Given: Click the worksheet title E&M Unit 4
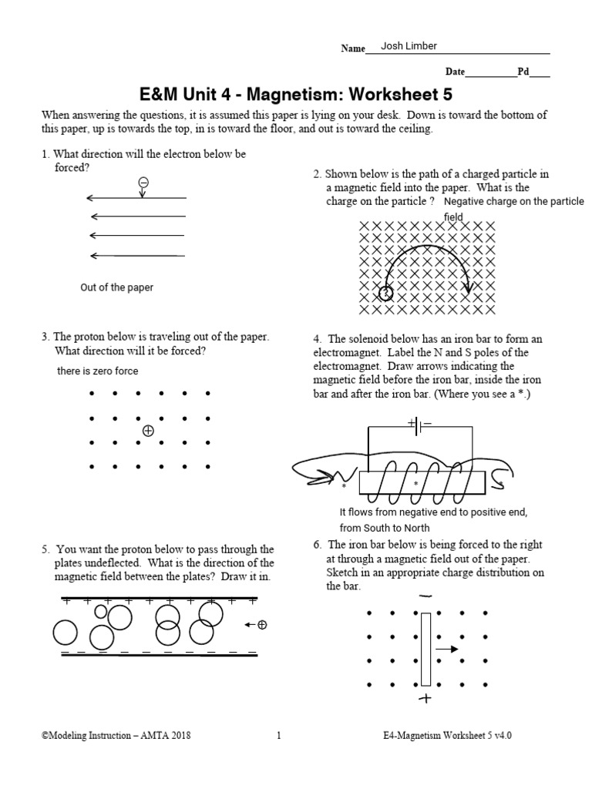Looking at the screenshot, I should (294, 94).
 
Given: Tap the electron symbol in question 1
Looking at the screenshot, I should (143, 183).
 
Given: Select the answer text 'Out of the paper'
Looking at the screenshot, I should (116, 287).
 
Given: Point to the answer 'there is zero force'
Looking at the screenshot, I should (97, 371).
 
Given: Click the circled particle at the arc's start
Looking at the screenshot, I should (385, 293).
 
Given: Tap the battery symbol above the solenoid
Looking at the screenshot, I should (419, 423).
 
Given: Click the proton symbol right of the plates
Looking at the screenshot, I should (261, 625).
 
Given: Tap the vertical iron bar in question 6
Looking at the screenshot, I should (425, 648).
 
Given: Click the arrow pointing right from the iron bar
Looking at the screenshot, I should (446, 650).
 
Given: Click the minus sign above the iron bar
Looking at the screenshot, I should (425, 596).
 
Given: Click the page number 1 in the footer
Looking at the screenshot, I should (278, 736).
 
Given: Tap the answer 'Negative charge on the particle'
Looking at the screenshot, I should (515, 202).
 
